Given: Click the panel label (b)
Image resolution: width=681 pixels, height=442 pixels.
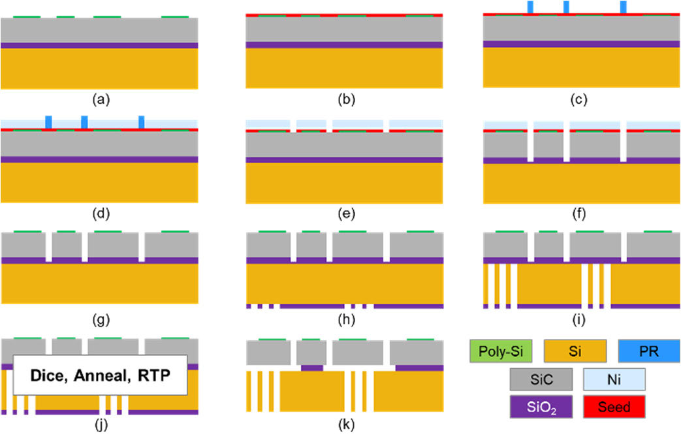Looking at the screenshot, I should tap(345, 100).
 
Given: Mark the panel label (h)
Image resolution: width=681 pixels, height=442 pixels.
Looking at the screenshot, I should tap(345, 320).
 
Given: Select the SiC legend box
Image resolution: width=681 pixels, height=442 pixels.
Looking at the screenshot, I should tap(541, 379).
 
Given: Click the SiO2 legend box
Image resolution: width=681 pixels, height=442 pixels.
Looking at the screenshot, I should tap(541, 407).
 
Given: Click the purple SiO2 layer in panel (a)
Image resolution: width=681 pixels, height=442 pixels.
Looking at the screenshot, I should tap(99, 46).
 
